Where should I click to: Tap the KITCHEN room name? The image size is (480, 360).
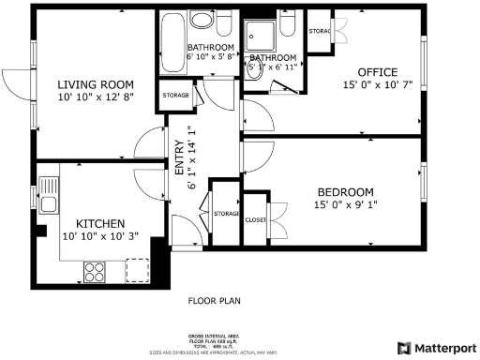[100, 223]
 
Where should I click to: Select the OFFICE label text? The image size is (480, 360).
[378, 72]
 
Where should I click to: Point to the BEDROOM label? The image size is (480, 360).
[346, 191]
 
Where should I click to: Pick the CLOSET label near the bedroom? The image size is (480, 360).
[255, 219]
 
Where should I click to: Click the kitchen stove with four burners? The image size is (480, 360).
[96, 272]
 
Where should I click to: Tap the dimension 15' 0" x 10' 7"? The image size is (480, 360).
[378, 86]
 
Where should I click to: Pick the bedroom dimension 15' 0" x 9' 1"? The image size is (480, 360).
[346, 205]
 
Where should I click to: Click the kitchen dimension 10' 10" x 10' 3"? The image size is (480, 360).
[100, 237]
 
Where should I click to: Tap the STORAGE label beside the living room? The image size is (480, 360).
[176, 95]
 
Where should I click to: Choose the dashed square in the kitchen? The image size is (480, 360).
[138, 271]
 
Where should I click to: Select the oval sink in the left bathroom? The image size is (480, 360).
[202, 22]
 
